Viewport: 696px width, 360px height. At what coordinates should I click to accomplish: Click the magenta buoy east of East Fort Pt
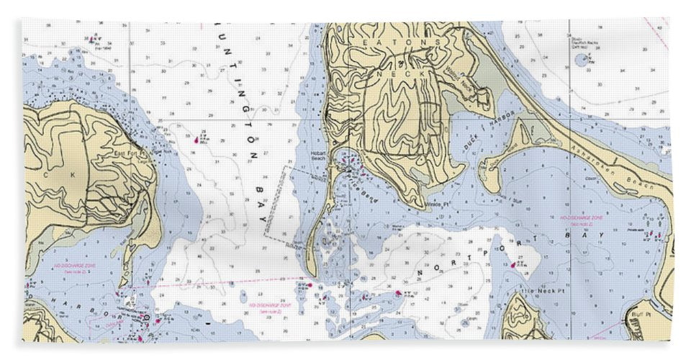197,136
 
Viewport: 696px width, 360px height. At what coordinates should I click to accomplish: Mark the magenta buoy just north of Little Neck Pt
513,265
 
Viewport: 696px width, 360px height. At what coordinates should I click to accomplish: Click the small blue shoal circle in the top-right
581,60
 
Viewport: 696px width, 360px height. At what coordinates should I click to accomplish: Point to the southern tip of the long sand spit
312,274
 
